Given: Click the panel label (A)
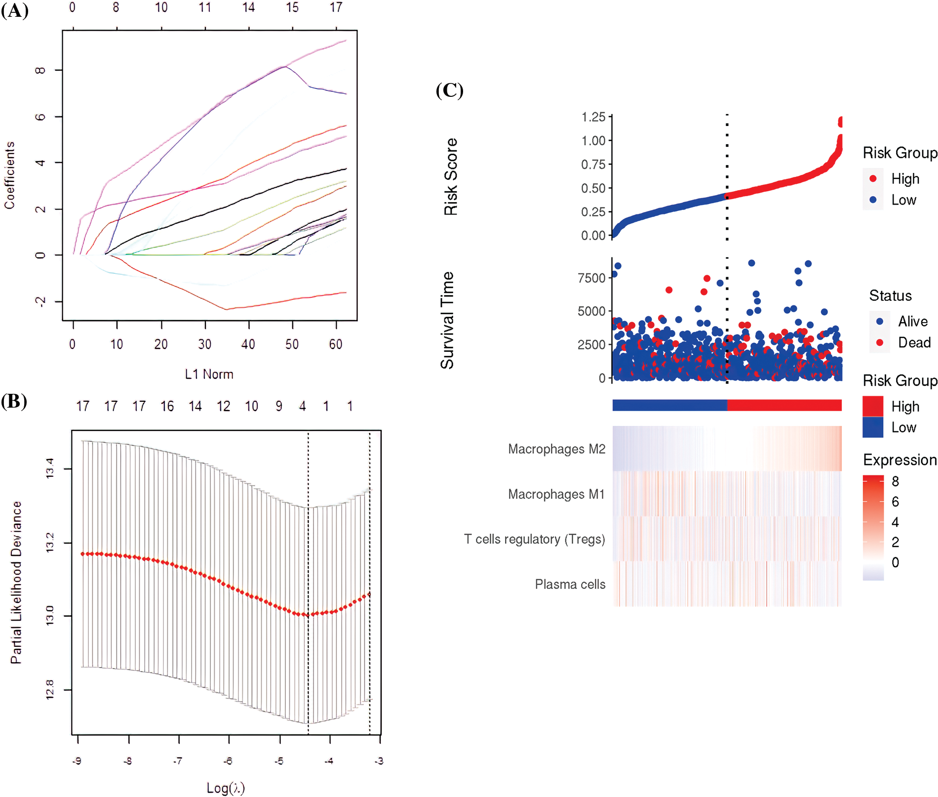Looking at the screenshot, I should coord(15,10).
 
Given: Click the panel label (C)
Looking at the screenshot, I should coord(449,90).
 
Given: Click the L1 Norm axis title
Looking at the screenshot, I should coord(209,375).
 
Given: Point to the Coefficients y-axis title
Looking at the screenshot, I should coord(10,175).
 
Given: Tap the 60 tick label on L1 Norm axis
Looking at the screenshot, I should coord(336,344).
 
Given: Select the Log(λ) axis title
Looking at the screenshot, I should coord(226,788).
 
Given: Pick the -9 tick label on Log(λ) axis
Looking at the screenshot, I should coord(77,761).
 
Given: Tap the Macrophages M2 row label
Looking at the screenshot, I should coord(556,449).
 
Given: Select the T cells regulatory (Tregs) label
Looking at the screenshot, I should coord(534,539).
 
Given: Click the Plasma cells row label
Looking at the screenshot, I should coord(570,585).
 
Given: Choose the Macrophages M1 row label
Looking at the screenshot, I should coord(556,494).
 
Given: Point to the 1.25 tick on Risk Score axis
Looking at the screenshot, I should coord(593,117).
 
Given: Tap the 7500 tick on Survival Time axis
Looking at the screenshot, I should coord(591,278).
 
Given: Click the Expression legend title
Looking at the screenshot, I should coord(899,460).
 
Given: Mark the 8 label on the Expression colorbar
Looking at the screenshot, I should coord(895,481).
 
